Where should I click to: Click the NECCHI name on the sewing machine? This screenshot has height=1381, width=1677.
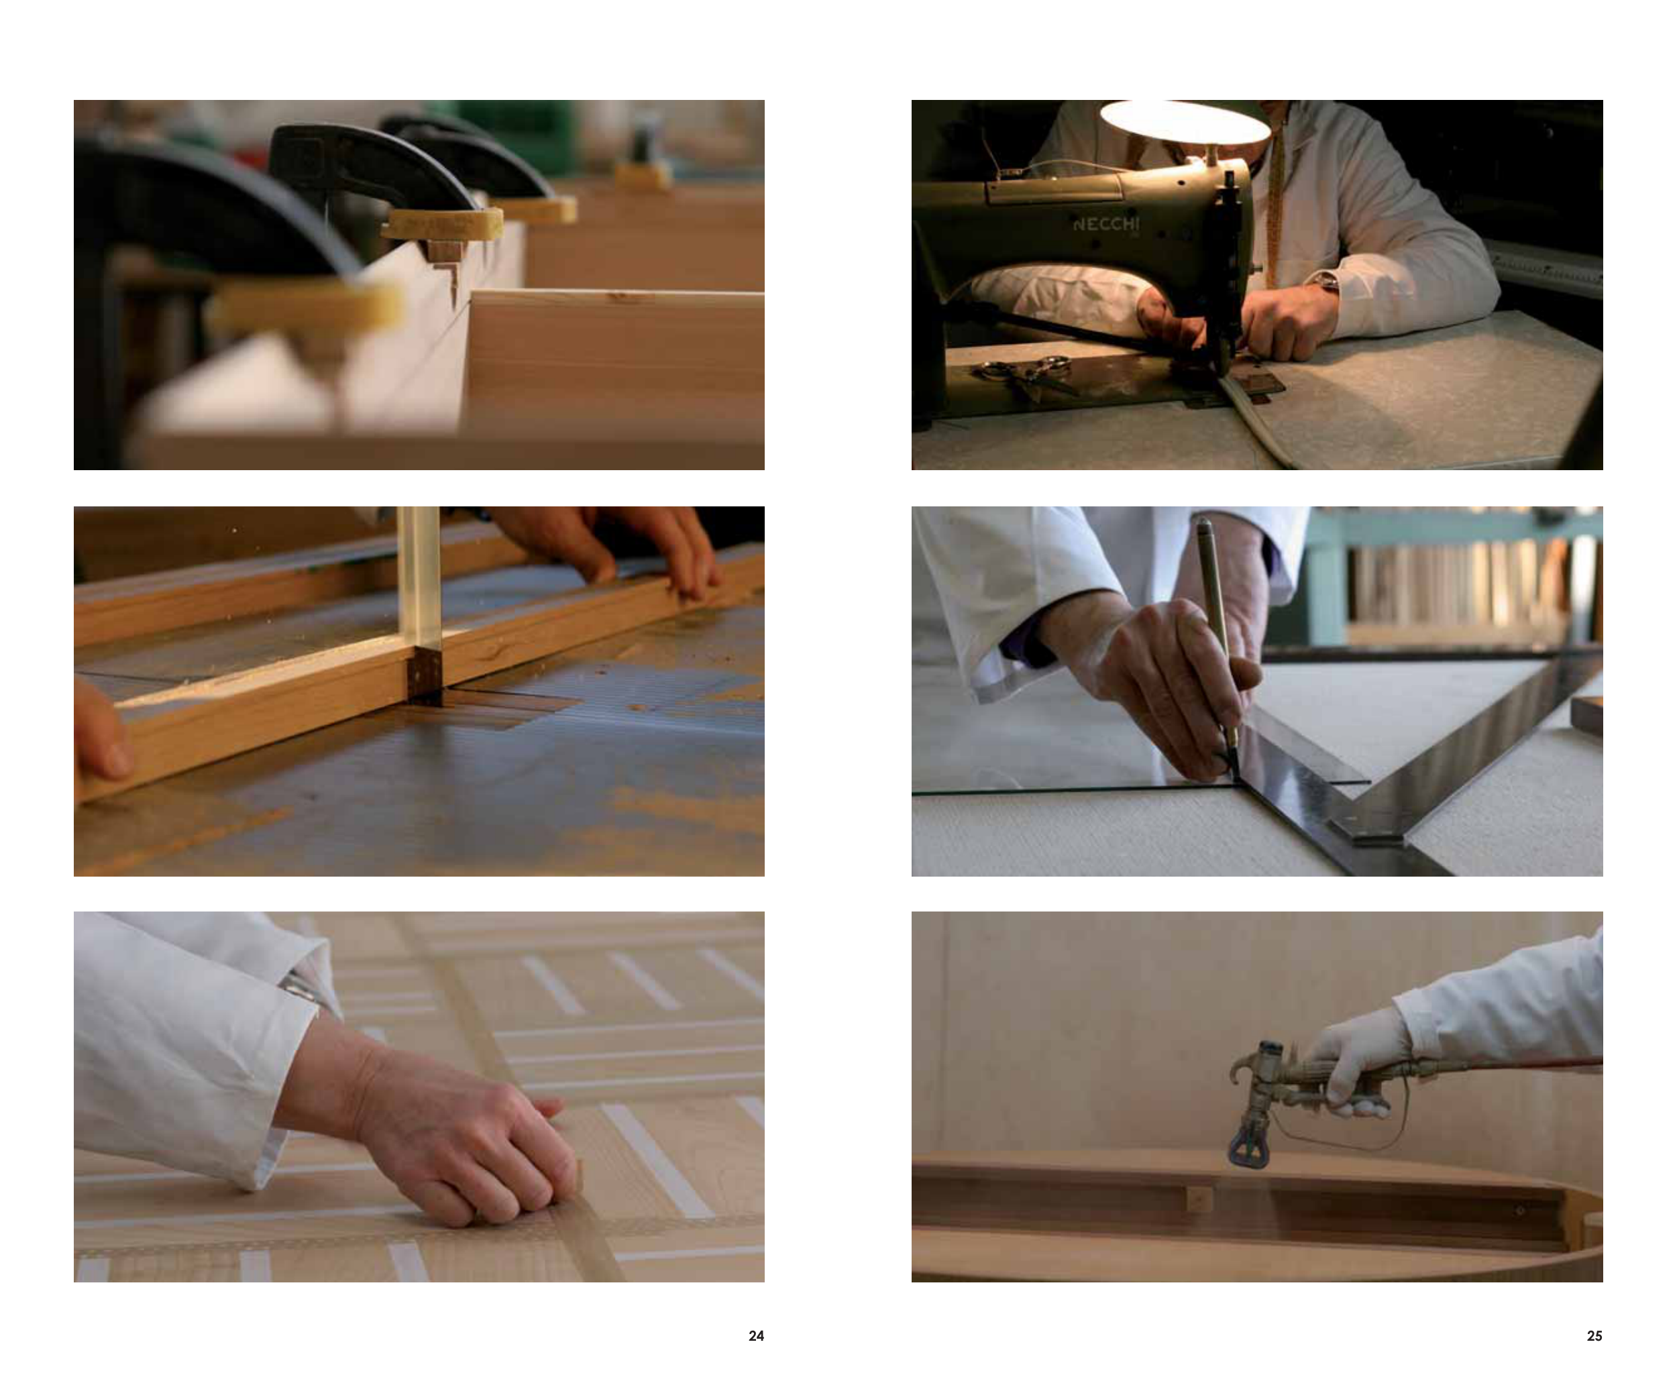pyautogui.click(x=1105, y=223)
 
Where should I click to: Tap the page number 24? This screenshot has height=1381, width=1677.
pyautogui.click(x=756, y=1335)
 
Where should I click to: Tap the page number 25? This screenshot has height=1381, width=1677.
pyautogui.click(x=1594, y=1335)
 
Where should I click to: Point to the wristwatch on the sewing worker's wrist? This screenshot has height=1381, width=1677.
pyautogui.click(x=1325, y=282)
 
